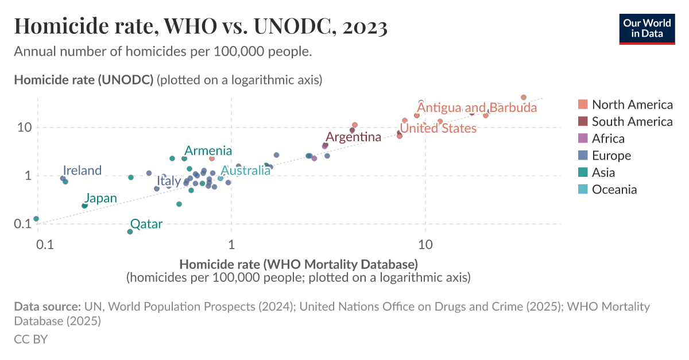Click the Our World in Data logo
tap(647, 28)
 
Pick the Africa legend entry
tap(608, 138)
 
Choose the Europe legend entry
tap(611, 156)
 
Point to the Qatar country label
tap(146, 224)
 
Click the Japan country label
tap(101, 198)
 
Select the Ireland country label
tap(82, 171)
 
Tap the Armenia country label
tap(208, 151)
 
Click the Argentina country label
tap(353, 137)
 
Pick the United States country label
tap(438, 128)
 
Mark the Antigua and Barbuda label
tap(477, 108)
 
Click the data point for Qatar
tap(130, 231)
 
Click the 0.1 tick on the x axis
tap(45, 245)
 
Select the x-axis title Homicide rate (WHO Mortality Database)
tap(298, 265)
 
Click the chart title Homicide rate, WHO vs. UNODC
tap(200, 26)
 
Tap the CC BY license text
tap(30, 339)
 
